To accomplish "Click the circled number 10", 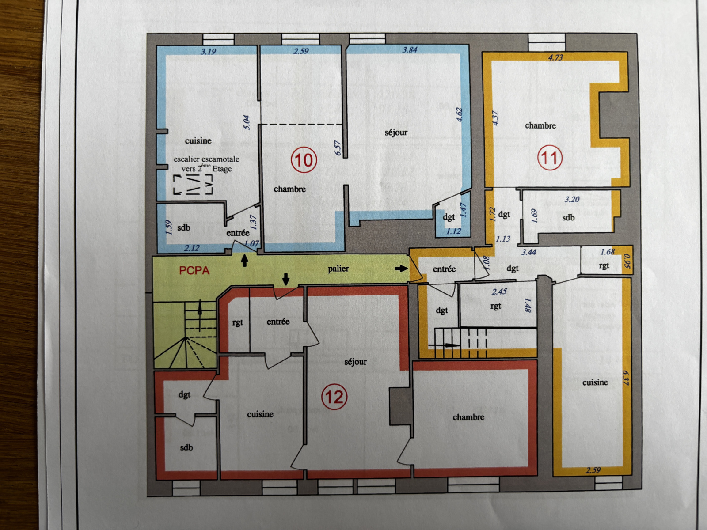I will tap(304, 160).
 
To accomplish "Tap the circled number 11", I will tap(550, 158).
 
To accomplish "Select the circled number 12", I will tap(334, 397).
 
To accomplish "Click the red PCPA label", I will tap(194, 271).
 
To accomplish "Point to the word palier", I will tap(338, 269).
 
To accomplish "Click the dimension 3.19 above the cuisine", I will tap(209, 51).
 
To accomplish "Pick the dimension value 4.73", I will tap(555, 57).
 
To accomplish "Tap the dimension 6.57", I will tap(338, 148).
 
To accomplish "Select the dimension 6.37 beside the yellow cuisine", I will tap(625, 378).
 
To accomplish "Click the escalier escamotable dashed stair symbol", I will tap(193, 185).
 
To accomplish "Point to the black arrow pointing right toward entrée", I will tap(401, 268).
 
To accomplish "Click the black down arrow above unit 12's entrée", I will tap(286, 279).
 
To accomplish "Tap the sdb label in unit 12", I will tap(186, 447).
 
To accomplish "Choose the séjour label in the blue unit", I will tap(396, 132).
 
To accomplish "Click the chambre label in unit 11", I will tap(540, 125).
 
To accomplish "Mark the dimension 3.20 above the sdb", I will tap(572, 199).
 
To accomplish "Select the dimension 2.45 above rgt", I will tap(499, 291).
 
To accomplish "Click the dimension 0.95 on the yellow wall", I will tap(627, 260).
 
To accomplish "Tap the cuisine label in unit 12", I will tap(260, 414).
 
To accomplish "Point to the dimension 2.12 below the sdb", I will tap(192, 248).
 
